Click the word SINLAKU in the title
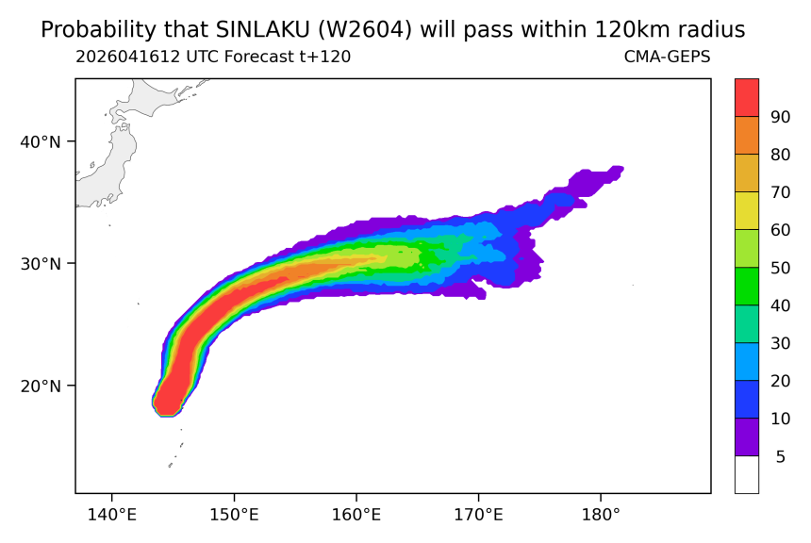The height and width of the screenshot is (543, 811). coord(262,30)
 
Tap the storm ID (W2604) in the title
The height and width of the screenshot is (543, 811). coord(365,30)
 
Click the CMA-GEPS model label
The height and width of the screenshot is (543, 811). coord(668,57)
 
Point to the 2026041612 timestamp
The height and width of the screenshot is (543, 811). coord(127,57)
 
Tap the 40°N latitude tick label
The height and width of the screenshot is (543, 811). coord(41,141)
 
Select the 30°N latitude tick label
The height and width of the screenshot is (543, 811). coord(41,264)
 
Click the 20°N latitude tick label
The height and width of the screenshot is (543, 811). coord(41,386)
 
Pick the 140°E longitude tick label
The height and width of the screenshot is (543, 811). coord(111,515)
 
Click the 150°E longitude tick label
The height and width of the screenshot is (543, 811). coord(234,515)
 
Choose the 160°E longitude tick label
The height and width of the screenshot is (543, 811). coord(356,515)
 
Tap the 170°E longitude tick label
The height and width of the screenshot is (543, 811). coord(478,515)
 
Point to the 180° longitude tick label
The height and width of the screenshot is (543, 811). coord(601,515)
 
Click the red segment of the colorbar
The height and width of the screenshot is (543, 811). coord(747,98)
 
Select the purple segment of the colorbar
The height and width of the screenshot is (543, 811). coord(747,437)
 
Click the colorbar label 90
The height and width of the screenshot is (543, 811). coord(781,117)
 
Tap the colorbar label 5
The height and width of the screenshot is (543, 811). coord(781,456)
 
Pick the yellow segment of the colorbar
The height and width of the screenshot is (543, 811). coord(747,210)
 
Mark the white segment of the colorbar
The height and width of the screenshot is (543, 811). coord(747,474)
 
